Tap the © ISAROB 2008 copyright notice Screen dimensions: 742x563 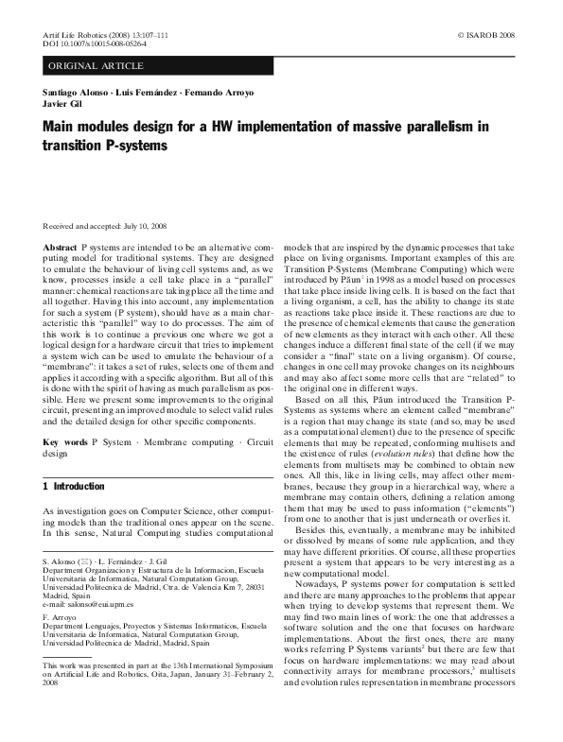[488, 33]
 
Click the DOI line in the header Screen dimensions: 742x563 [94, 43]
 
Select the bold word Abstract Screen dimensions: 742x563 [60, 246]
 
